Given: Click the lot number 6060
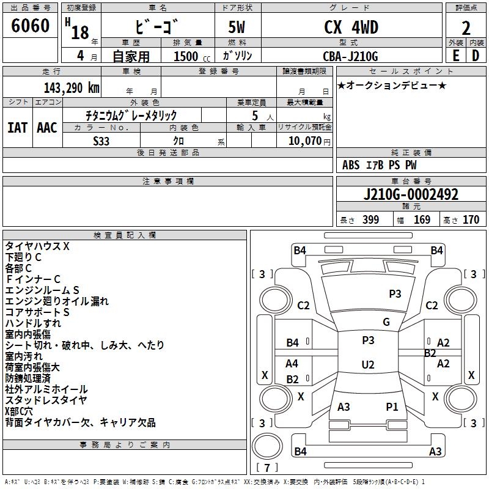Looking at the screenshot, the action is [31, 26].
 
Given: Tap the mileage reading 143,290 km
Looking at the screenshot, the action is [72, 87].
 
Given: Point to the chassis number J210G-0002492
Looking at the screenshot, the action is [411, 195].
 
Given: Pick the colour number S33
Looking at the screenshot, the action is [101, 140].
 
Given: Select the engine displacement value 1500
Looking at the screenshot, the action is [186, 56].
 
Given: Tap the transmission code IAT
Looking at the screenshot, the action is [18, 127].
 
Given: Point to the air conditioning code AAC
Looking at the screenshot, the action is [46, 127].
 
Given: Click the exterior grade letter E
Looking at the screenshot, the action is [455, 56].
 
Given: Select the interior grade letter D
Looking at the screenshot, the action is [475, 56].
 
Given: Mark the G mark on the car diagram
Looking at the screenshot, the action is [386, 322].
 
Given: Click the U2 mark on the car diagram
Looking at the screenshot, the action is [367, 365].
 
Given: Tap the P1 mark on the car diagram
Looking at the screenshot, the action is [392, 406].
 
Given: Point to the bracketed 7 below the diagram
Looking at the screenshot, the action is [267, 468].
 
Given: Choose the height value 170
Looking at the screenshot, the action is [471, 220].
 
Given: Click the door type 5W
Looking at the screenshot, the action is [237, 28].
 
